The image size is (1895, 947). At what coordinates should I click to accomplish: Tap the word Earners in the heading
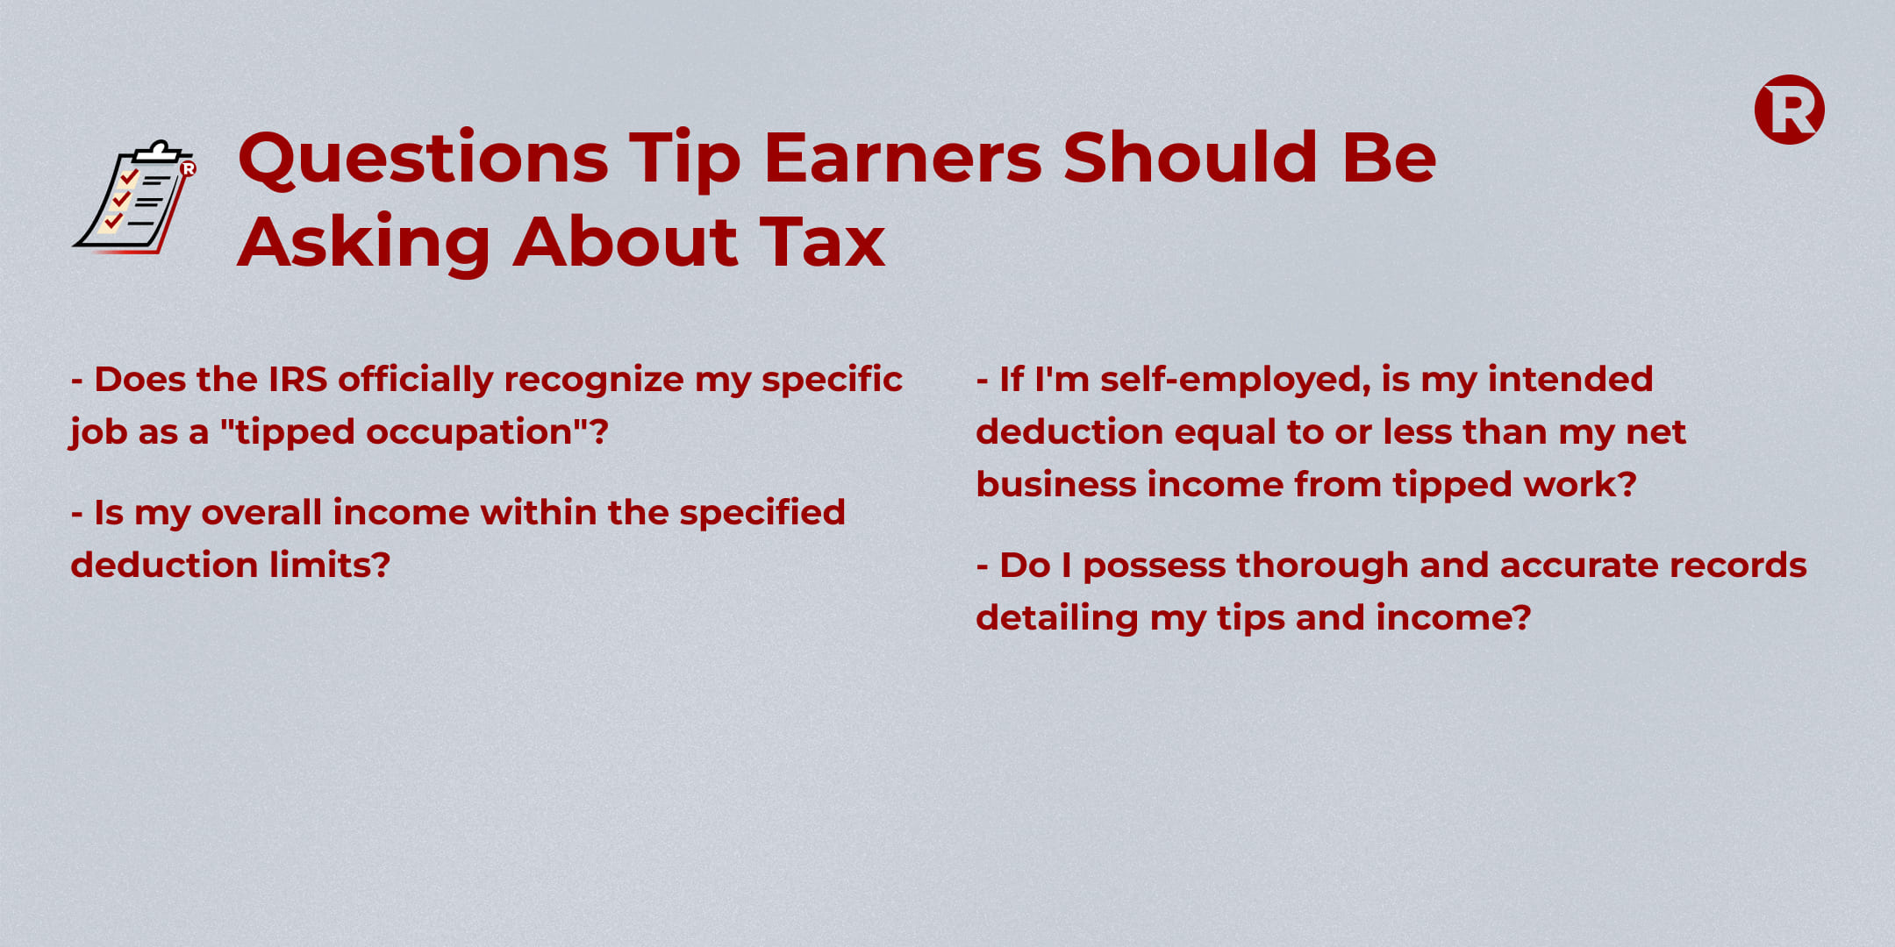coord(903,158)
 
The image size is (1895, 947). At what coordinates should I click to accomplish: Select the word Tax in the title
coord(822,241)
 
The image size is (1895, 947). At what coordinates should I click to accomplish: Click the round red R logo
coord(1789,110)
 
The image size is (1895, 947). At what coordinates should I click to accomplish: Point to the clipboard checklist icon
coord(134,196)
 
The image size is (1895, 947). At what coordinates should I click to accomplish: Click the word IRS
coord(297,380)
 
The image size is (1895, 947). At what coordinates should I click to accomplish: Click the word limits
coord(330,565)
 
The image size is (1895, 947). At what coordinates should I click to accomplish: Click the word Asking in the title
coord(364,243)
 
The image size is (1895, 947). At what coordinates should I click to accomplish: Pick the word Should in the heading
coord(1191,158)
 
